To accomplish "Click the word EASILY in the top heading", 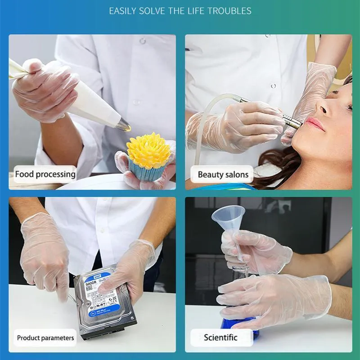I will [122, 11].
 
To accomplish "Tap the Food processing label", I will [45, 174].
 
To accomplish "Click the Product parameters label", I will [45, 337].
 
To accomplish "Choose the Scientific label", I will [220, 337].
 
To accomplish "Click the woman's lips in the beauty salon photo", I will [316, 124].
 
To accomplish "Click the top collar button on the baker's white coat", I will [143, 41].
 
